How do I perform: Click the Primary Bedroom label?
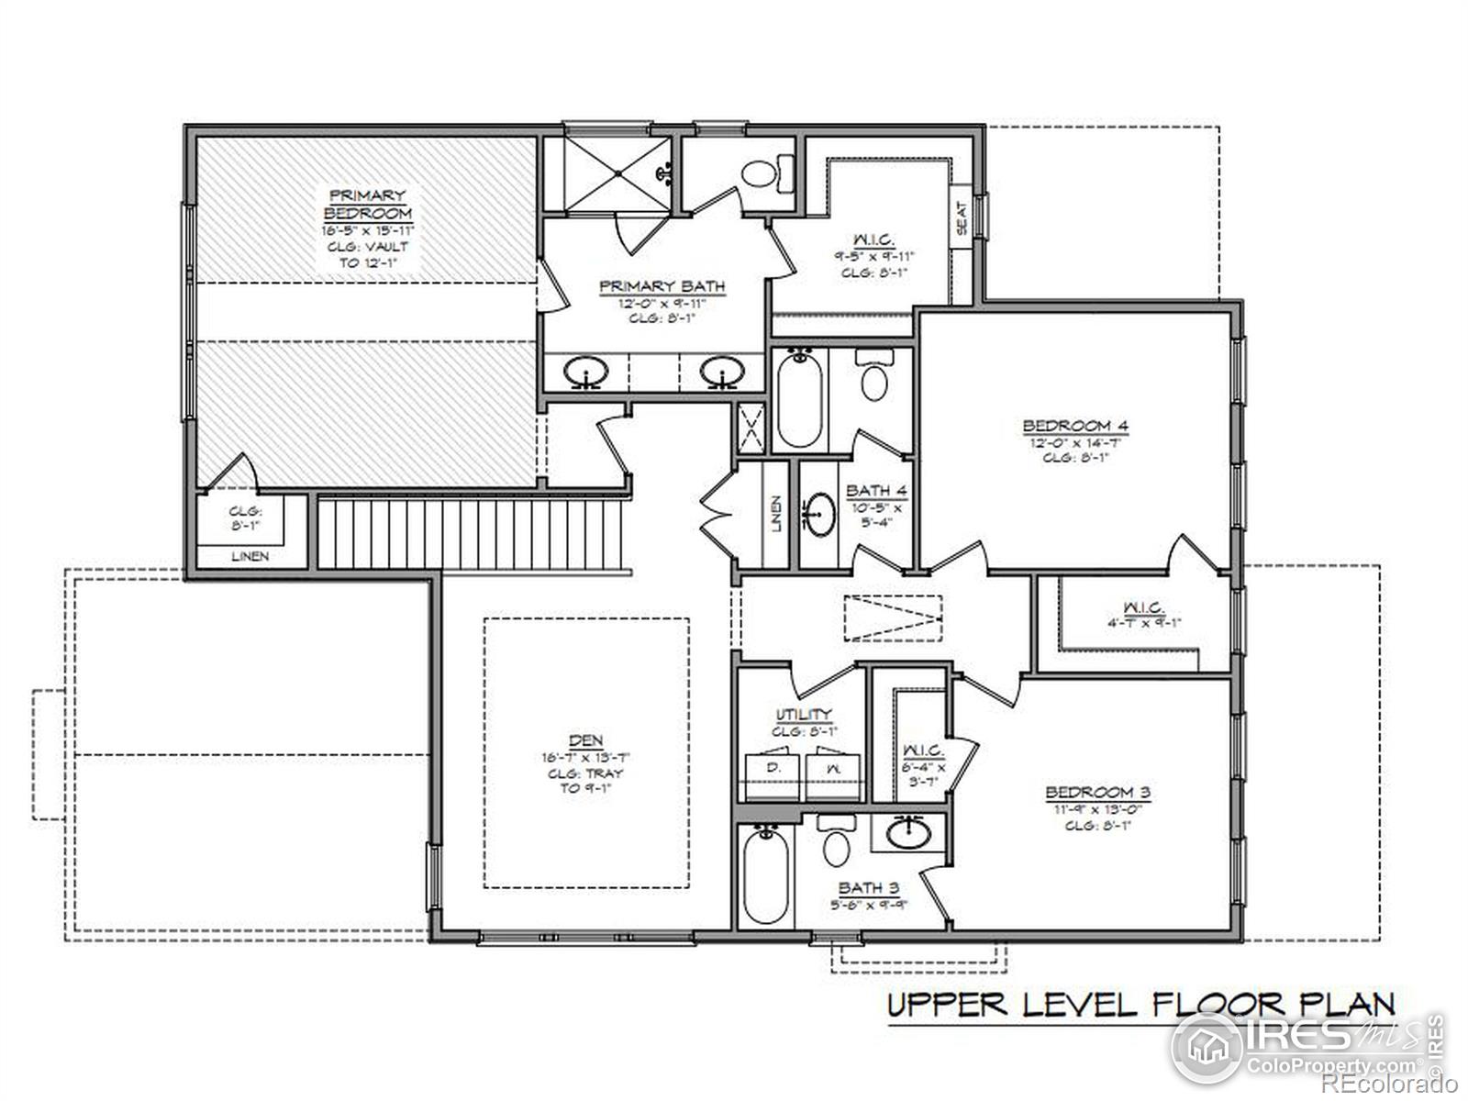[367, 204]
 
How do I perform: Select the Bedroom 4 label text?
[1074, 426]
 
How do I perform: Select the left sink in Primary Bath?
[584, 373]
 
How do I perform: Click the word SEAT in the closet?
[962, 218]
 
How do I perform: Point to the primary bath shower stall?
[616, 174]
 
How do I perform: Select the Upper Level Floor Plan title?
[1140, 1004]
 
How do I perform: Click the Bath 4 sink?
[819, 514]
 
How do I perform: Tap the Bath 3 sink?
[908, 834]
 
